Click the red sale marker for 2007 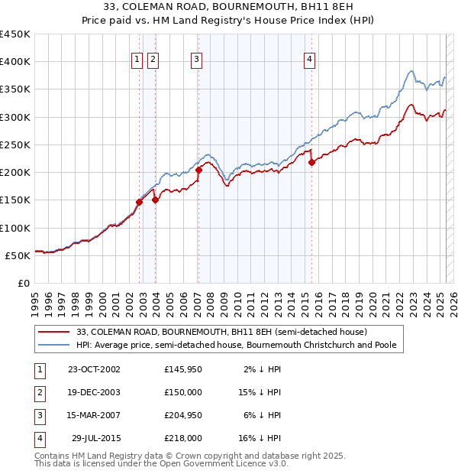[198, 170]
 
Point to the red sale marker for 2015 [311, 162]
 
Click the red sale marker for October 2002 [140, 202]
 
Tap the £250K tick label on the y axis [15, 144]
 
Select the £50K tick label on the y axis [18, 255]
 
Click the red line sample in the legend [54, 333]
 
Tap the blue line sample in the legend [54, 346]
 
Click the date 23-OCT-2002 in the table [94, 369]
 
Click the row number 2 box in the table [39, 392]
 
